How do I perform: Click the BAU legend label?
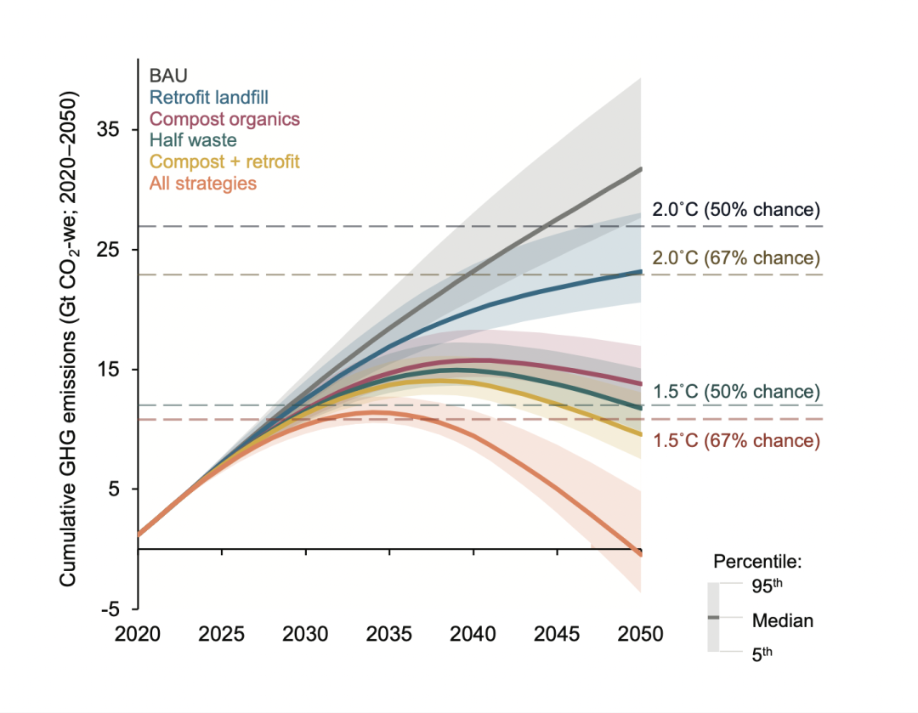tap(168, 76)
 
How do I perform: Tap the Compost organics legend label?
tap(224, 118)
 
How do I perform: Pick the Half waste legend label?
tap(193, 139)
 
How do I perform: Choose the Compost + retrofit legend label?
tap(224, 161)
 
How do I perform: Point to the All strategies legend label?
tap(202, 183)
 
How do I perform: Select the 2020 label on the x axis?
tap(138, 635)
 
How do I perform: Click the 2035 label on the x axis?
tap(389, 635)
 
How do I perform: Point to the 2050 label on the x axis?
tap(640, 635)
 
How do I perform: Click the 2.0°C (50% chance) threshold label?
tap(736, 209)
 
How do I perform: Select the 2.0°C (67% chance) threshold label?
tap(736, 257)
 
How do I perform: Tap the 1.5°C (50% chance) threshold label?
tap(736, 392)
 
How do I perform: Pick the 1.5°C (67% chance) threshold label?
tap(736, 440)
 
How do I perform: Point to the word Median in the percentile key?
tap(783, 620)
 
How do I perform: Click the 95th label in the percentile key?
tap(770, 586)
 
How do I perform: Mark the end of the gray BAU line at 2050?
tap(640, 169)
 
